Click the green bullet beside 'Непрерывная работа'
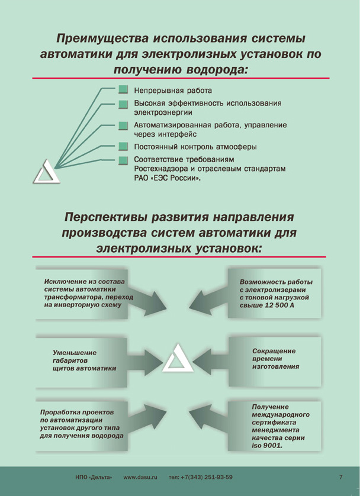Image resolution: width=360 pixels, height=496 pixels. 123,91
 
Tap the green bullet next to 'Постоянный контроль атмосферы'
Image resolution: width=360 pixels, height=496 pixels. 123,146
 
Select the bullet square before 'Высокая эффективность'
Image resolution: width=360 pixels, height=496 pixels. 123,104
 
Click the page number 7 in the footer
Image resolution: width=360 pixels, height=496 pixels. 341,477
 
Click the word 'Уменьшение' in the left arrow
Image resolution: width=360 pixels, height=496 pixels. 75,352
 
